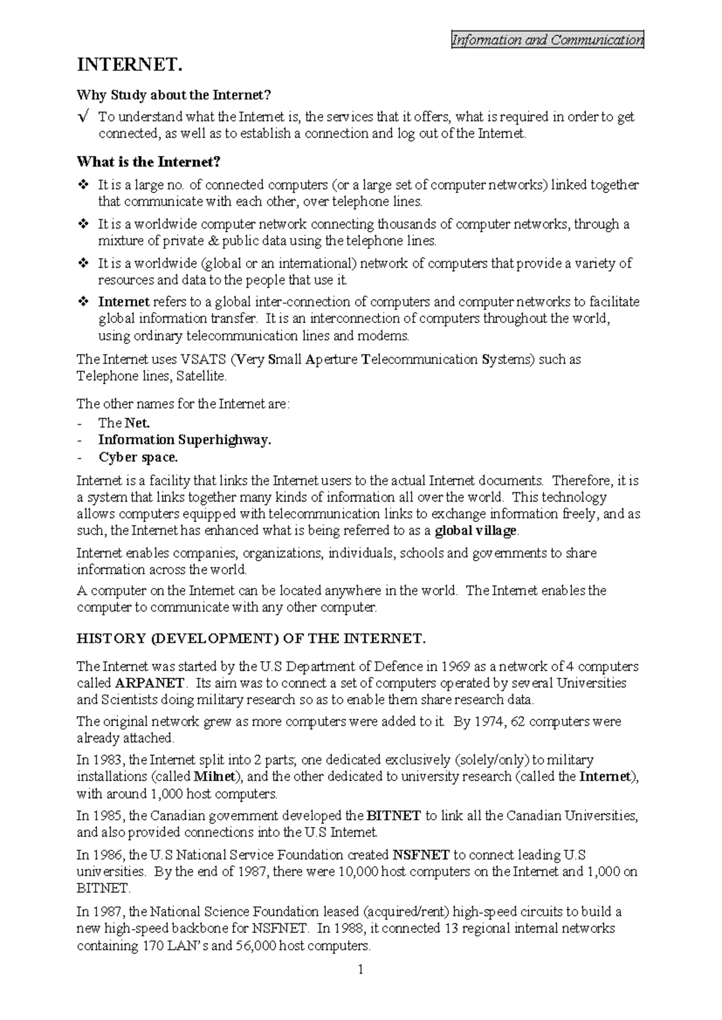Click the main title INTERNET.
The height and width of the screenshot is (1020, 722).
click(x=129, y=65)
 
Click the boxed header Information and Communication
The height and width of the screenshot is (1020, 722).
click(x=548, y=40)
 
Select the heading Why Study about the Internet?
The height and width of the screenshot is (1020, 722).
click(x=174, y=95)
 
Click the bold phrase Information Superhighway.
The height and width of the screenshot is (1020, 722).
click(x=185, y=440)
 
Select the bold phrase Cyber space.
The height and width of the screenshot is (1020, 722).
click(x=138, y=458)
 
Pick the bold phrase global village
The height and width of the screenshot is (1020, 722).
click(x=475, y=531)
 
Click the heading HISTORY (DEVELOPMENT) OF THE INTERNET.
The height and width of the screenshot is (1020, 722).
click(x=251, y=639)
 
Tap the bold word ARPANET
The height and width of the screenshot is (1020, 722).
click(x=149, y=684)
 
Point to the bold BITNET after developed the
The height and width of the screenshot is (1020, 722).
click(x=393, y=816)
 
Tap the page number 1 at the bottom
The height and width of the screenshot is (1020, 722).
click(x=360, y=970)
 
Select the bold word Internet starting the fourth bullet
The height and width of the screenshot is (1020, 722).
click(x=124, y=302)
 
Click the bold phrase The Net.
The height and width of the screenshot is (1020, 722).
click(x=124, y=423)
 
